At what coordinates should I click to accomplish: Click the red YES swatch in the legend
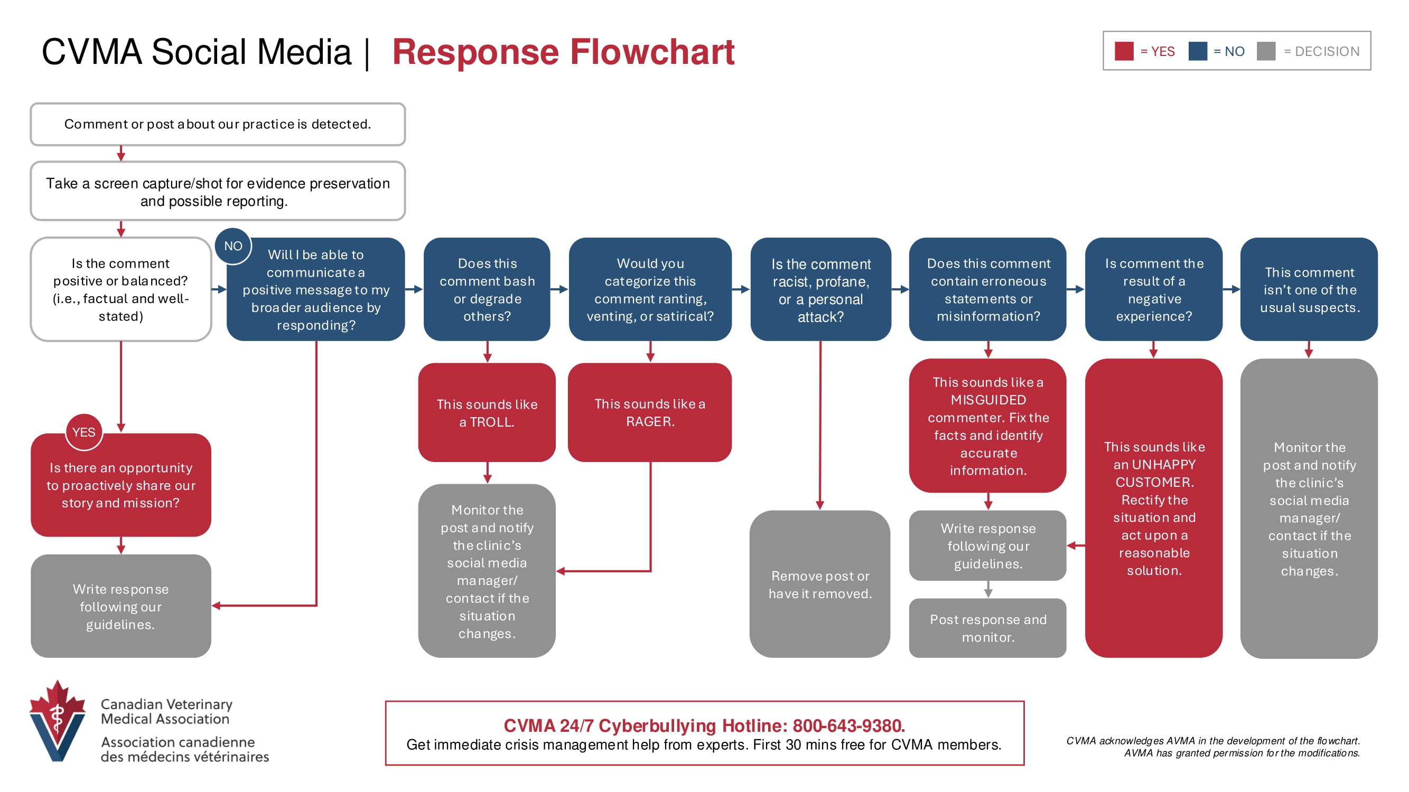(1124, 51)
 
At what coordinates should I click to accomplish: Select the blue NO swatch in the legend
(1197, 51)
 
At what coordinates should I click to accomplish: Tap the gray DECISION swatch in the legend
(1266, 51)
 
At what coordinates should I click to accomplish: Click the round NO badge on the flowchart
(233, 246)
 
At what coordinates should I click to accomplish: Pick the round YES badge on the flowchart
(83, 432)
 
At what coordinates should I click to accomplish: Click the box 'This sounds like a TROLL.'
(487, 412)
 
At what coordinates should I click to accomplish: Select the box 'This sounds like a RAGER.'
(650, 412)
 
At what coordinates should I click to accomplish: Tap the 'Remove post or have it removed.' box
(820, 584)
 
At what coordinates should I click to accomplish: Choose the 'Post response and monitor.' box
(988, 628)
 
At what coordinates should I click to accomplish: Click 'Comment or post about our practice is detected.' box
(218, 124)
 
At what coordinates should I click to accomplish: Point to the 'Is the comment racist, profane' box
(820, 289)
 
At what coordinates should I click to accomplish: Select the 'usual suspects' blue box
(1309, 289)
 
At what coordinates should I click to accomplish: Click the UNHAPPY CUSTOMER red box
(1154, 508)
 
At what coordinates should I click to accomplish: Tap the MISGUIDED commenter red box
(988, 426)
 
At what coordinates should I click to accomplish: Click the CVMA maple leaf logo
(58, 721)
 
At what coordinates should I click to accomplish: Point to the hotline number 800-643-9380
(848, 725)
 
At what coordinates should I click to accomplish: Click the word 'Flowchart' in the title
(652, 52)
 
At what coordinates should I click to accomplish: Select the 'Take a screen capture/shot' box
(218, 191)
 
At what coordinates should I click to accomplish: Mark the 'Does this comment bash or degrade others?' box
(487, 289)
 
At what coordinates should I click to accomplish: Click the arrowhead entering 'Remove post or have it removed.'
(820, 506)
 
